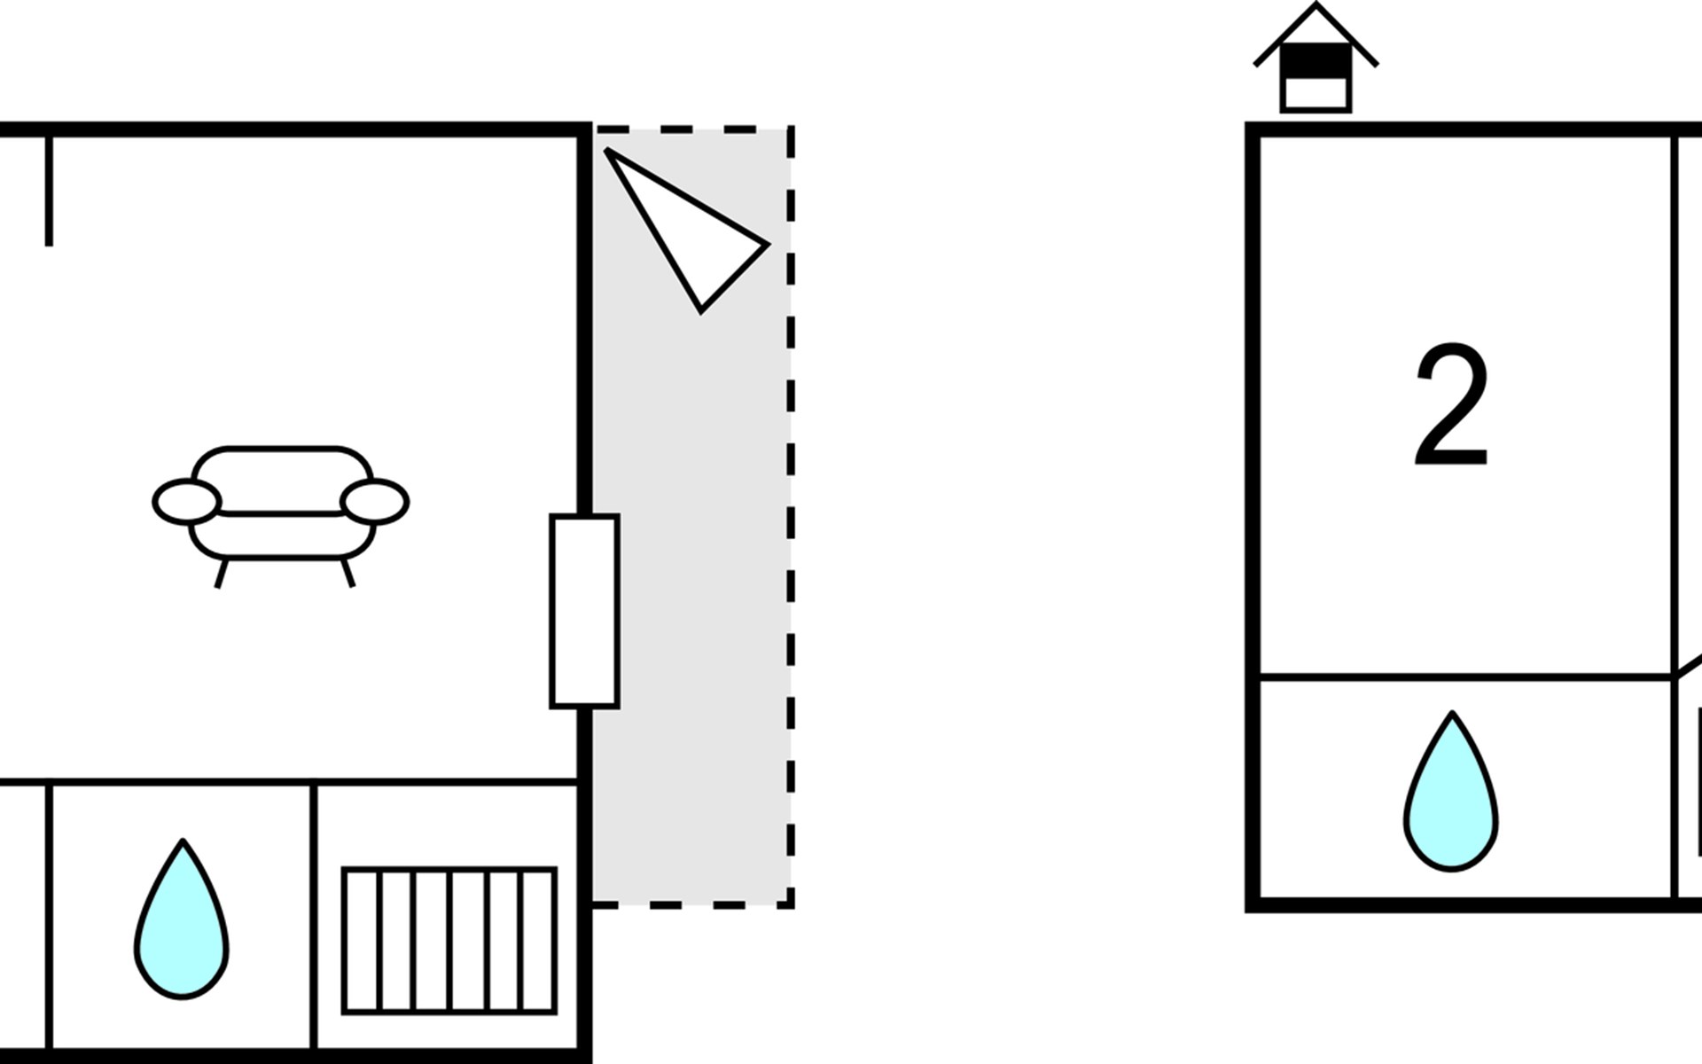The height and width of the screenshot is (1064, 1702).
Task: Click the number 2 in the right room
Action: (1451, 404)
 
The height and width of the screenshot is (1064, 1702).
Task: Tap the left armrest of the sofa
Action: (186, 502)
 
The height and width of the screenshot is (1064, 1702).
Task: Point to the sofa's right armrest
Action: (375, 502)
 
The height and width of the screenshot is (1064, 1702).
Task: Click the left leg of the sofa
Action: (222, 574)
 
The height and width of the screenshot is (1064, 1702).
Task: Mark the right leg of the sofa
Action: (348, 573)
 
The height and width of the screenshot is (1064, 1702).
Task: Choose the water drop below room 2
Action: (1451, 792)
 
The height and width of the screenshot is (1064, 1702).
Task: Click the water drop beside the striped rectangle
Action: (182, 919)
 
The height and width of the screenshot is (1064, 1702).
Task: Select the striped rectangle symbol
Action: (449, 941)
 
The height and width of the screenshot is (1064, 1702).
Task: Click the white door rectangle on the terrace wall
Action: (584, 611)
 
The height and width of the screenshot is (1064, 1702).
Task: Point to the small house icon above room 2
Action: (1316, 58)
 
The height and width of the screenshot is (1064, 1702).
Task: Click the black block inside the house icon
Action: (1316, 60)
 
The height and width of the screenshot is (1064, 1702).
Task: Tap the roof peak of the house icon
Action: (1316, 5)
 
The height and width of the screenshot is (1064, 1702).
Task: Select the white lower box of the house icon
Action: (1316, 93)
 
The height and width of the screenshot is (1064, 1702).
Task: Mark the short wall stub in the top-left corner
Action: (49, 191)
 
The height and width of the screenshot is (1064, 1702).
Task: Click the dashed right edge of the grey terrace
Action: (791, 517)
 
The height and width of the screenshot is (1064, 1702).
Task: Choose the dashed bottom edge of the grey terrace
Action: (692, 905)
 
